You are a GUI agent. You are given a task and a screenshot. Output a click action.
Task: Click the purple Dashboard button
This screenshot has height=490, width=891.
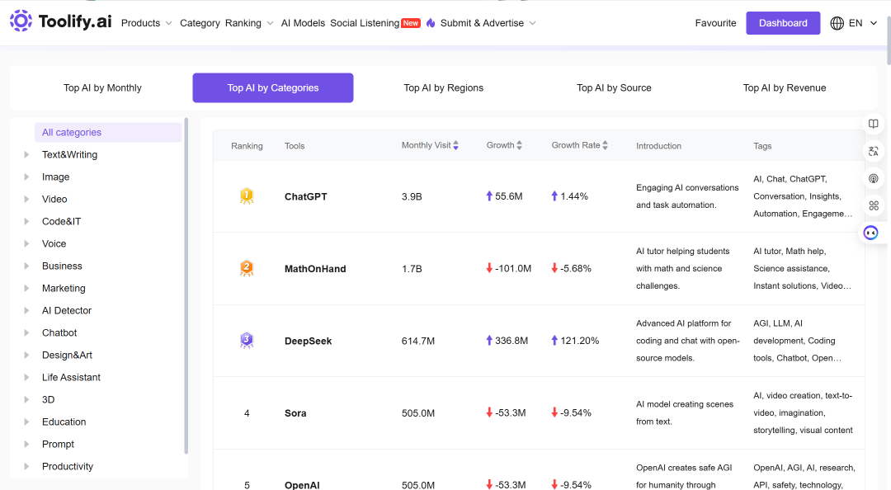tap(783, 23)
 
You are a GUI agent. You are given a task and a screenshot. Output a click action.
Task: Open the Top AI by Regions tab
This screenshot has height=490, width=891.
tap(443, 87)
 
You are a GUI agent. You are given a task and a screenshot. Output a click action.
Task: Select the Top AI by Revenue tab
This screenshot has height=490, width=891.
tap(785, 87)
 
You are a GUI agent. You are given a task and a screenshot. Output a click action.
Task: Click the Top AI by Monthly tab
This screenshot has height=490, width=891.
tap(102, 87)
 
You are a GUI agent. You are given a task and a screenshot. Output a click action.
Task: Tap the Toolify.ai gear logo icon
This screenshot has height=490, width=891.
tap(21, 21)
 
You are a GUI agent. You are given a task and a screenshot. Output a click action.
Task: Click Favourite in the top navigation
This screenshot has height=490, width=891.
tap(715, 23)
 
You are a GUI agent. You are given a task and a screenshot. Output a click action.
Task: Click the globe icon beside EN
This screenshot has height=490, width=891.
tap(837, 23)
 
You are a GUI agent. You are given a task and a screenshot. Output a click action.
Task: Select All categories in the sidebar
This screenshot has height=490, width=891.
tap(72, 132)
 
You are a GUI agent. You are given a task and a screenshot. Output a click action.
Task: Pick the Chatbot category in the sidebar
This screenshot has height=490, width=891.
tap(59, 332)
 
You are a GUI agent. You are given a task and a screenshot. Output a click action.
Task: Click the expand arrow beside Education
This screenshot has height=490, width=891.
tap(26, 422)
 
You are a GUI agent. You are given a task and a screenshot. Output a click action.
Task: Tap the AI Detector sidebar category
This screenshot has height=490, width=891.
tap(67, 310)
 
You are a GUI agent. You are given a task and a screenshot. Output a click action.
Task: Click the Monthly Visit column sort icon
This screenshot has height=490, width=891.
tap(455, 145)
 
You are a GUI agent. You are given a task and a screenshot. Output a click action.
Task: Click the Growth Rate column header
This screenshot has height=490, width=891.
tap(576, 145)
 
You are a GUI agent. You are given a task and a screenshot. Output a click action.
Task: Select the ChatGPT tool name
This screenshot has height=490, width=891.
tap(306, 196)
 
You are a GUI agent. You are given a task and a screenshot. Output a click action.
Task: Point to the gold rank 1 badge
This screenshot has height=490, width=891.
tap(247, 196)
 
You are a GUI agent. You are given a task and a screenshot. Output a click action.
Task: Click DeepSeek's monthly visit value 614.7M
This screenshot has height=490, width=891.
tap(418, 341)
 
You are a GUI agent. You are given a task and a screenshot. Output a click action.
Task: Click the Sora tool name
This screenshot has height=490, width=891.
tap(295, 413)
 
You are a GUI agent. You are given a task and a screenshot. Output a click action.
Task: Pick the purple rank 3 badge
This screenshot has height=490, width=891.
tap(247, 341)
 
